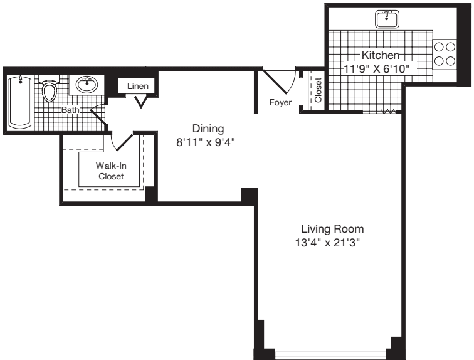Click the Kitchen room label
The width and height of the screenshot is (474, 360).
click(381, 55)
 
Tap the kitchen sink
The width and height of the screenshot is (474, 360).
click(387, 19)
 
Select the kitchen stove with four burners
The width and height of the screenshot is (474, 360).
click(445, 55)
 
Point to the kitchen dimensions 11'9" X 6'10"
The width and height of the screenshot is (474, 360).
click(376, 69)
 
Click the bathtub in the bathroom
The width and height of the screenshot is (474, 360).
click(20, 102)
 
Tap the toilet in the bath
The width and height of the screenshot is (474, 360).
click(50, 88)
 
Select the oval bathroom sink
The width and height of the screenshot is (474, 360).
click(87, 84)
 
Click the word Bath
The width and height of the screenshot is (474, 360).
click(70, 110)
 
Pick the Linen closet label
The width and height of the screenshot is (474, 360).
click(138, 86)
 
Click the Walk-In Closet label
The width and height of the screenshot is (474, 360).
click(111, 171)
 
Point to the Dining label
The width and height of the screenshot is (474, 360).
click(208, 129)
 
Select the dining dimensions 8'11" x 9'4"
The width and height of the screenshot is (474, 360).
click(206, 142)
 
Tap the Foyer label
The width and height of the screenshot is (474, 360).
click(280, 102)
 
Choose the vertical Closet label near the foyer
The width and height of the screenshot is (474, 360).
click(318, 90)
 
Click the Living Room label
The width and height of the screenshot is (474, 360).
click(332, 229)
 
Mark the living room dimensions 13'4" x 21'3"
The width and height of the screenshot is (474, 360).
click(328, 243)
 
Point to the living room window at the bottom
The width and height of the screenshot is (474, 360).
click(330, 355)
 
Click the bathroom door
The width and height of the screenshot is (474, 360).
click(98, 115)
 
